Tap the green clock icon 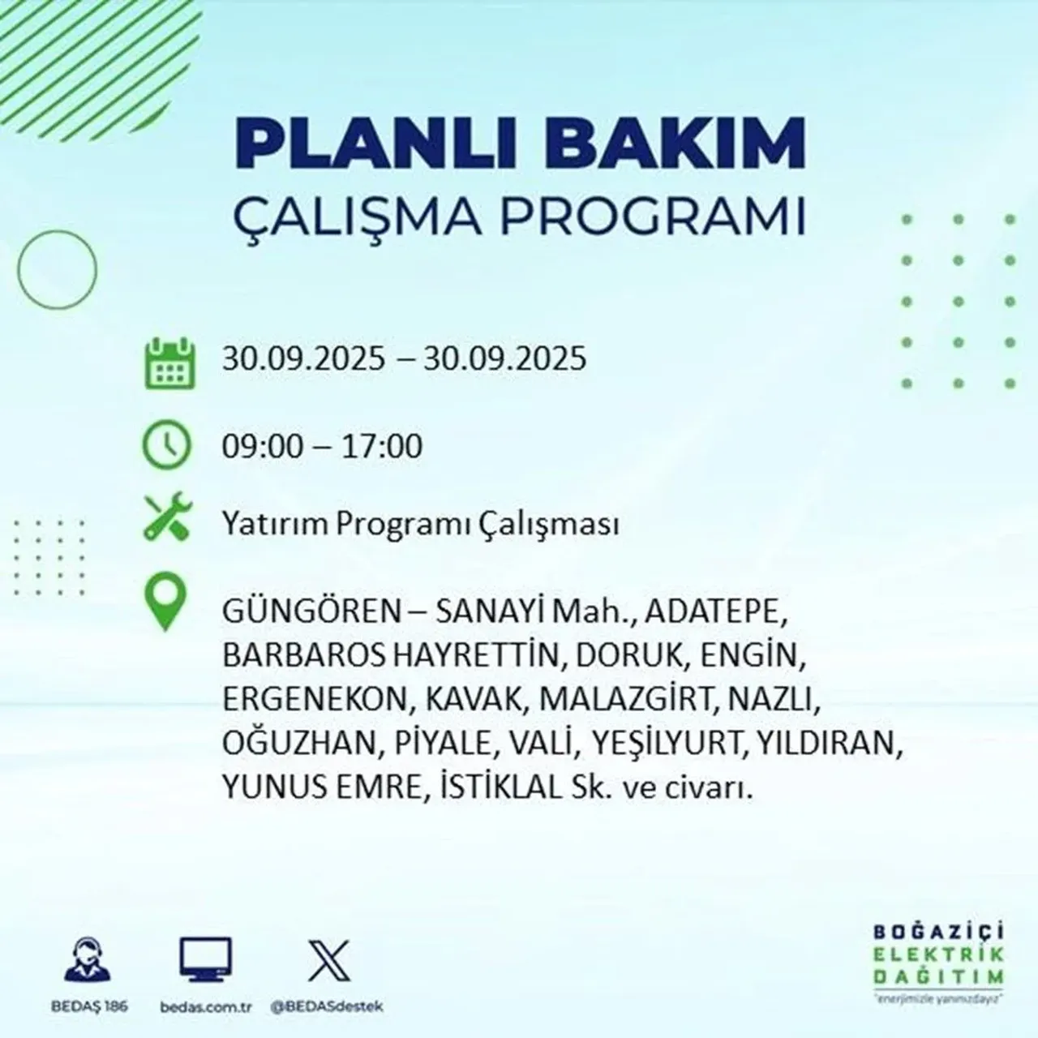point(167,445)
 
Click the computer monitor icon point(204,960)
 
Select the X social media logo point(328,960)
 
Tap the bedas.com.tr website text point(205,1006)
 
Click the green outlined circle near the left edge point(57,268)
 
